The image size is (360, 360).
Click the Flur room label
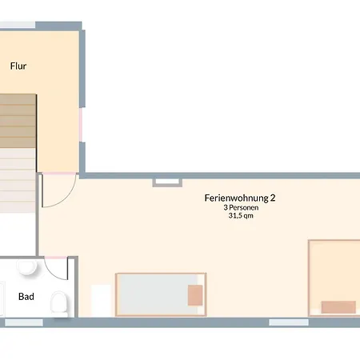coord(18,66)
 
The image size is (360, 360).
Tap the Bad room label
coord(26,296)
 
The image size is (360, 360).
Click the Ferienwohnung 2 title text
coord(240,198)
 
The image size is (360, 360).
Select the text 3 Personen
coord(241,207)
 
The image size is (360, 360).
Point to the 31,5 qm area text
coord(241,215)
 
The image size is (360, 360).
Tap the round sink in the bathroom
coord(26,266)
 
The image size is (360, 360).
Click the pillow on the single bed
coord(195,295)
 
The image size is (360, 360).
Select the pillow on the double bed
coord(338,307)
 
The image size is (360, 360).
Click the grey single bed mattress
coord(158,294)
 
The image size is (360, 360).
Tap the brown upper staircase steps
coord(18,121)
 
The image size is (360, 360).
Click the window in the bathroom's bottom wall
coord(24,322)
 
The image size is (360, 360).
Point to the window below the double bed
coord(289,322)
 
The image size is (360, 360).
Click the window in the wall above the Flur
coord(17,25)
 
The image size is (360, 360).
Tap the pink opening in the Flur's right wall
coord(81,125)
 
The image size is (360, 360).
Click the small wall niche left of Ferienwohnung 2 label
coord(167,182)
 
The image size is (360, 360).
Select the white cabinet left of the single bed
coord(101,301)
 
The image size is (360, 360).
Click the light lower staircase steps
coord(18,180)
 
